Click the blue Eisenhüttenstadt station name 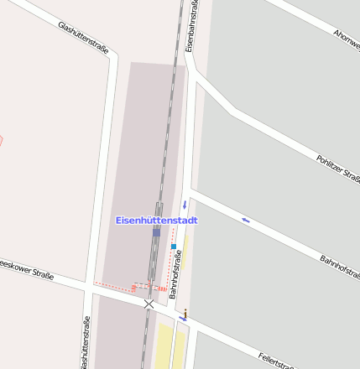(x=156, y=220)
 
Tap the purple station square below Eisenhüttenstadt (x=157, y=231)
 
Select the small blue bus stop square (x=174, y=247)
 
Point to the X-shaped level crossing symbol (x=149, y=303)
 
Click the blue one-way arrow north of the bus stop (x=184, y=205)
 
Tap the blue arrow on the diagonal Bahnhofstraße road (x=246, y=220)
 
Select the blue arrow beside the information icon (x=181, y=319)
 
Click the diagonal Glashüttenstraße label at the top (x=84, y=38)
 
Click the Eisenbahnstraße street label (x=192, y=25)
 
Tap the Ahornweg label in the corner (x=346, y=37)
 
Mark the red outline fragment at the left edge (x=2, y=140)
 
